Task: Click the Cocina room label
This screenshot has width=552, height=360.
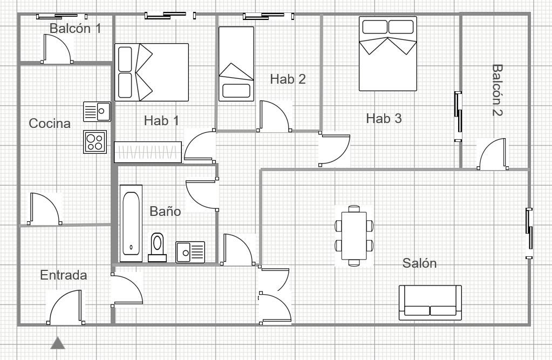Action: pos(50,123)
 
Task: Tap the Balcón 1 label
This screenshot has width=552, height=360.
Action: pos(76,29)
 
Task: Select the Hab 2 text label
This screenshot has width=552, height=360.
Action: pos(288,79)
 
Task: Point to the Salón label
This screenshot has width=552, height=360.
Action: pos(419,263)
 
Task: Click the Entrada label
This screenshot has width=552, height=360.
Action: pos(63,275)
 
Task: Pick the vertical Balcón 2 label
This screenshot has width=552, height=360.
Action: pos(497,90)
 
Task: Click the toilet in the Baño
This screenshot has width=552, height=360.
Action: pos(157,247)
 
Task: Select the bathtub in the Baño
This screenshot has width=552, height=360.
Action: pos(131,223)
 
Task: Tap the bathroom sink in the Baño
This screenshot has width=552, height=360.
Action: pos(190,252)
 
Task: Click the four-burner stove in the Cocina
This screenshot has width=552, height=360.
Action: pos(95,142)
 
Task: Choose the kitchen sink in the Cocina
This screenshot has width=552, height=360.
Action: pos(97,112)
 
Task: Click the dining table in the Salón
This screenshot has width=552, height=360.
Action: pos(354,235)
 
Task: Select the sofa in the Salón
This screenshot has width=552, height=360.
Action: pos(430,303)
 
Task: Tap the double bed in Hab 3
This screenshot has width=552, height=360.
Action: pos(387,53)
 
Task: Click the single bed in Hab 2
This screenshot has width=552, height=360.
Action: pos(236,64)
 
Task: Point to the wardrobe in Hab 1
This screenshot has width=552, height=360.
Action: pos(148,152)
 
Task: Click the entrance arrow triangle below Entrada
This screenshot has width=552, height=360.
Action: pos(58,343)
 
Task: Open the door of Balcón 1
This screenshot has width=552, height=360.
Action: pos(57,49)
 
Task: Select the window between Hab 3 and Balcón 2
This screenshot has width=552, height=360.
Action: pos(458,116)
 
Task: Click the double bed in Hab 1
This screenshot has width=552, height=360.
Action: pos(152,72)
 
